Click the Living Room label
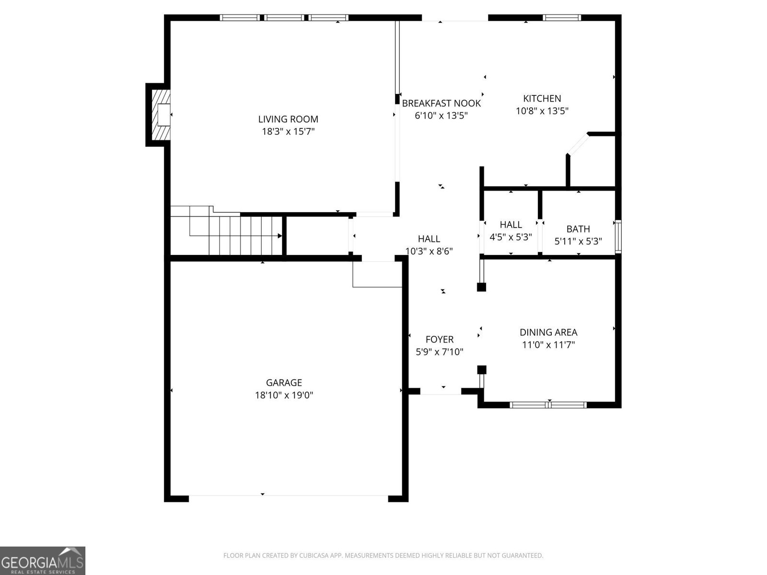point(288,119)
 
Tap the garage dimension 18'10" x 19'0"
point(284,395)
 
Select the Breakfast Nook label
point(441,103)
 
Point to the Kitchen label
point(542,99)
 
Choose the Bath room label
point(578,229)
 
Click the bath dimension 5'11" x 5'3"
point(578,241)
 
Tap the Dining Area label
point(548,332)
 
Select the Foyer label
point(439,339)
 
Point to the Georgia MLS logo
point(42,560)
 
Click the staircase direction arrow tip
point(280,236)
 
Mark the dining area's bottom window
point(548,405)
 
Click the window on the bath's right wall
point(618,236)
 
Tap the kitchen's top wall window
point(562,18)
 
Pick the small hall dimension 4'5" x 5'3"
point(511,237)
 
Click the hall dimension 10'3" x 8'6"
point(429,251)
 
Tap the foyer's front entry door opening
point(441,391)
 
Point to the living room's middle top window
point(285,18)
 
